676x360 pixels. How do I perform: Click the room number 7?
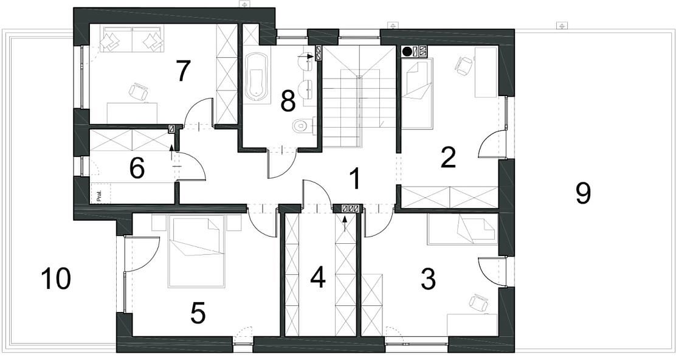point(183,72)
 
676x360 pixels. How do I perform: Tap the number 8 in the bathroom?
point(288,102)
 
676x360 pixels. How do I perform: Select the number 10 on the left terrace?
point(55,279)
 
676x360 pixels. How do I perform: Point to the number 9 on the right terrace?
point(584,193)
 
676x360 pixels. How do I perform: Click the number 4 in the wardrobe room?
point(318,278)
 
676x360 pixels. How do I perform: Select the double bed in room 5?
point(196,252)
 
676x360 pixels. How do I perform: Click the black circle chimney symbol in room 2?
point(407,52)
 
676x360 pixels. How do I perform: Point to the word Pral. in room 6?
point(99,196)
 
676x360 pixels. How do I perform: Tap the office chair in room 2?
point(463,66)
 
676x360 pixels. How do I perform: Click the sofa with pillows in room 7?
point(132,40)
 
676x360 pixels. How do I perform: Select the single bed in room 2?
point(417,94)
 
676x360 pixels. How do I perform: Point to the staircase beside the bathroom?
point(359,97)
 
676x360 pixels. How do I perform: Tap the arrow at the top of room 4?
point(345,223)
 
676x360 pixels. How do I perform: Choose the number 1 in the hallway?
point(354,179)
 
